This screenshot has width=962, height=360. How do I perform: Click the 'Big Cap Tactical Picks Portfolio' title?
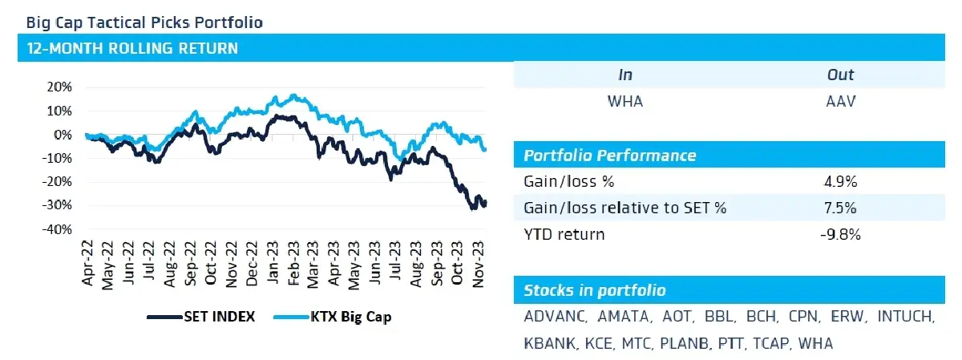[144, 22]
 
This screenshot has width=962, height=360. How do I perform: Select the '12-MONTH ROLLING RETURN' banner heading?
[132, 48]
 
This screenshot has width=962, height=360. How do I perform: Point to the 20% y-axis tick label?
[59, 87]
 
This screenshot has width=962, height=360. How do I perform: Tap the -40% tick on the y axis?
[57, 230]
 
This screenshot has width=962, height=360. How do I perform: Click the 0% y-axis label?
[63, 135]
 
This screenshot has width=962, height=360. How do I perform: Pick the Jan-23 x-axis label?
[273, 262]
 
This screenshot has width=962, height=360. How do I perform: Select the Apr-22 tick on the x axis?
[87, 263]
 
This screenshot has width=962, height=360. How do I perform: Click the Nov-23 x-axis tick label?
[478, 264]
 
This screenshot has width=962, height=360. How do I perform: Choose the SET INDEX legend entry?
[201, 317]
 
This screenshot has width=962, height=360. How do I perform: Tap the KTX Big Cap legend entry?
[333, 317]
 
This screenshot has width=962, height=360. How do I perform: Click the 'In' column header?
[625, 75]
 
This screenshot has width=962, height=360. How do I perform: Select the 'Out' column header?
[840, 75]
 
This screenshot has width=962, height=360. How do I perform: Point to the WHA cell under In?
[625, 101]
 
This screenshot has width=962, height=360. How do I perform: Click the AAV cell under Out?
[840, 101]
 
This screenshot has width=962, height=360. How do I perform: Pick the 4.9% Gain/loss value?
[840, 182]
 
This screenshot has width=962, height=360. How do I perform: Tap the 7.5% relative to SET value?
[840, 208]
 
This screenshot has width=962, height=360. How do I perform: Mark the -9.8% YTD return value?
[840, 235]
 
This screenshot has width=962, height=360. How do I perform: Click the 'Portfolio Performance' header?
[610, 155]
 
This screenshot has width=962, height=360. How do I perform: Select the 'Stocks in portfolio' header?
[595, 290]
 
